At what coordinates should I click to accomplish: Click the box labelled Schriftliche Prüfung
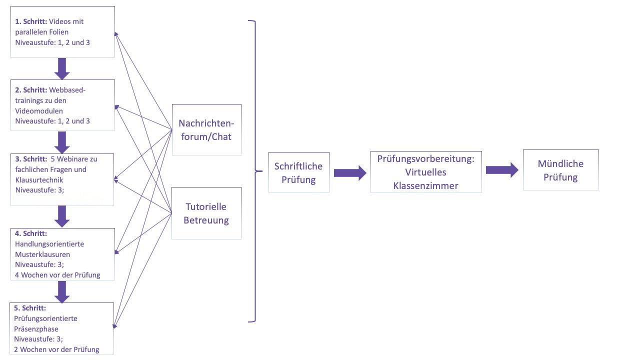coord(298,172)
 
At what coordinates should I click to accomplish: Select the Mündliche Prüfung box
coord(560,170)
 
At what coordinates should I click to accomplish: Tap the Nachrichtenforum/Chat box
coord(206,129)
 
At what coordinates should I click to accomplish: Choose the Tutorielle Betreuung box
coord(206,213)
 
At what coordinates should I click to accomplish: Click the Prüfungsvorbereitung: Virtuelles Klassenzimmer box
coord(426,172)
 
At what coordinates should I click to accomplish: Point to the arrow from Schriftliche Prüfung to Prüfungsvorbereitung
coord(349,173)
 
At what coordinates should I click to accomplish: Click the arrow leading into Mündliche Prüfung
coord(502,170)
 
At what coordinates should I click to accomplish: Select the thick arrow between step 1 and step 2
coord(62,68)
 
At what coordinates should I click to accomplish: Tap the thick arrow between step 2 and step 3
coord(62,142)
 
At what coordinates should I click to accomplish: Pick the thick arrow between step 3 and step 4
coord(62,216)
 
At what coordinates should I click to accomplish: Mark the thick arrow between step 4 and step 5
coord(62,291)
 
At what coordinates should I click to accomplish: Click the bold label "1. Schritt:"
coord(31,22)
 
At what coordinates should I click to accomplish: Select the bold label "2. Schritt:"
coord(31,90)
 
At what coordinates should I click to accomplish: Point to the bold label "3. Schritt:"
coord(31,159)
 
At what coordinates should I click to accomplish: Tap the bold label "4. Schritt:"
coord(31,233)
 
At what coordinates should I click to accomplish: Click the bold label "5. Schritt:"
coord(31,308)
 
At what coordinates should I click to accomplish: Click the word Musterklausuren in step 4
coord(42,254)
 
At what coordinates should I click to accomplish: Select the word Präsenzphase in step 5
coord(36,329)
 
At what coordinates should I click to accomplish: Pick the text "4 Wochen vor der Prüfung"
coord(57,275)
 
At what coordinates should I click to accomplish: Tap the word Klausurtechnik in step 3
coord(39,180)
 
